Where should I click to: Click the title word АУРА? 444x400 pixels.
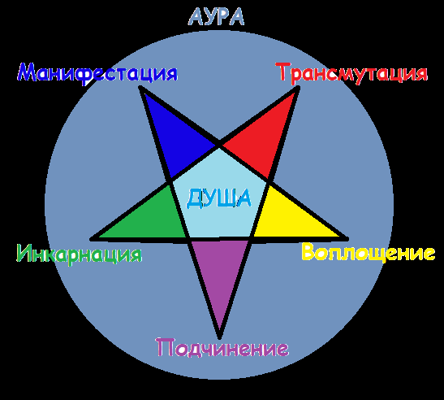pyautogui.click(x=216, y=17)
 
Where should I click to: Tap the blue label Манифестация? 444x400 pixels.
pyautogui.click(x=97, y=73)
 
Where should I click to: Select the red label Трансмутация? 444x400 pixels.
pyautogui.click(x=351, y=73)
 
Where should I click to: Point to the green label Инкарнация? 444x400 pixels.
pyautogui.click(x=80, y=254)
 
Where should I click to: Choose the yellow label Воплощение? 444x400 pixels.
pyautogui.click(x=369, y=252)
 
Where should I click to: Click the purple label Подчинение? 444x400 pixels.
pyautogui.click(x=222, y=347)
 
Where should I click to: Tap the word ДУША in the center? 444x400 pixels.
pyautogui.click(x=218, y=198)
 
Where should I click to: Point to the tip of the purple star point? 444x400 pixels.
pyautogui.click(x=220, y=338)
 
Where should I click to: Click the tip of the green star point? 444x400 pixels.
pyautogui.click(x=91, y=239)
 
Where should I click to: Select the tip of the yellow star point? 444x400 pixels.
pyautogui.click(x=347, y=238)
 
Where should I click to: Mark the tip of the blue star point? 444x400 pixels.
pyautogui.click(x=140, y=87)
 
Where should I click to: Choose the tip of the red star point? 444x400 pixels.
pyautogui.click(x=299, y=87)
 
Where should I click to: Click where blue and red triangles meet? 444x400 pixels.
pyautogui.click(x=219, y=146)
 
